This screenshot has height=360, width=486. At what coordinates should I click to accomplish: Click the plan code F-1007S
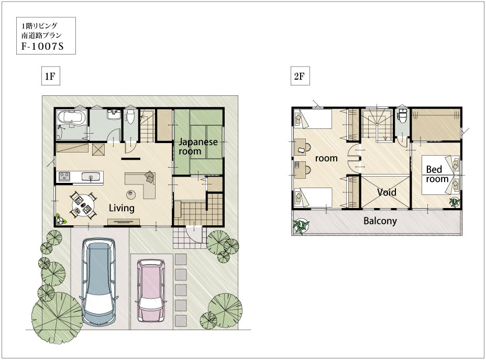(42, 46)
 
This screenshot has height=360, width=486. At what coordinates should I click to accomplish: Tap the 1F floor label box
(50, 76)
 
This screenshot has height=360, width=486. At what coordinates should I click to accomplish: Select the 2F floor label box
(300, 76)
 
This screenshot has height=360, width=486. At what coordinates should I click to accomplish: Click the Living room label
(121, 208)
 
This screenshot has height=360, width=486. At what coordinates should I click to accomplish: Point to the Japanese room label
(198, 146)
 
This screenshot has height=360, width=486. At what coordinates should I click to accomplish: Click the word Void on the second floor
(386, 192)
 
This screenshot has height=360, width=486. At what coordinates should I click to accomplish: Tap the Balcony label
(380, 221)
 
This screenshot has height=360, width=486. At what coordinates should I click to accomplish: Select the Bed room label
(437, 174)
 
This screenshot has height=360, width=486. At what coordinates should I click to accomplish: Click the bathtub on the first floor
(72, 118)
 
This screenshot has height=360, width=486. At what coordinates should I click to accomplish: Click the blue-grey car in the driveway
(99, 281)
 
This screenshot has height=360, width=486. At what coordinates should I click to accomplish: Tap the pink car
(151, 291)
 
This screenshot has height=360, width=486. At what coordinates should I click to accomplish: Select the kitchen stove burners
(64, 176)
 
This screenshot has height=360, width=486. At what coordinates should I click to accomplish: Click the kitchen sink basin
(91, 177)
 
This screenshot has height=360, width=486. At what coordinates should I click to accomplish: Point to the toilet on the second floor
(402, 115)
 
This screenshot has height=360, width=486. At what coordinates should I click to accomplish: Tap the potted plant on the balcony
(301, 226)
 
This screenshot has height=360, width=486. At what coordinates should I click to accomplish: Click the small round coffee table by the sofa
(131, 195)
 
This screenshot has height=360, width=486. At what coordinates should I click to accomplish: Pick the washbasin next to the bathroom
(114, 114)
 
